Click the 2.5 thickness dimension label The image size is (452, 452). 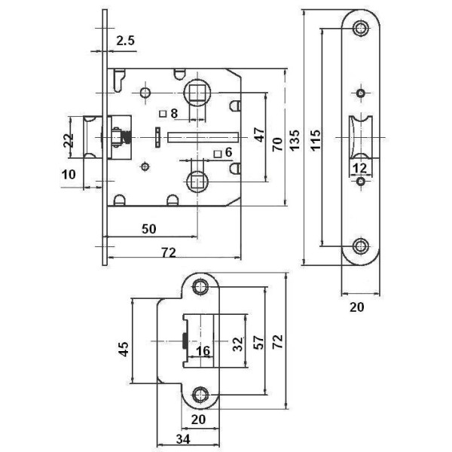tap(126, 42)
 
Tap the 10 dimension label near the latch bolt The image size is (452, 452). tap(69, 174)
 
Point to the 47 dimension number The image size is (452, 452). tap(258, 136)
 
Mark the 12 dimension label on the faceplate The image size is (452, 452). tap(359, 167)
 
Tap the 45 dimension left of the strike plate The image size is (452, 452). tap(125, 348)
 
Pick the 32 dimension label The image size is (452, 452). tap(239, 344)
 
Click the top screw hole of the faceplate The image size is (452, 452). tap(362, 29)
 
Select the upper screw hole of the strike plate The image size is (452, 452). tap(200, 287)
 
